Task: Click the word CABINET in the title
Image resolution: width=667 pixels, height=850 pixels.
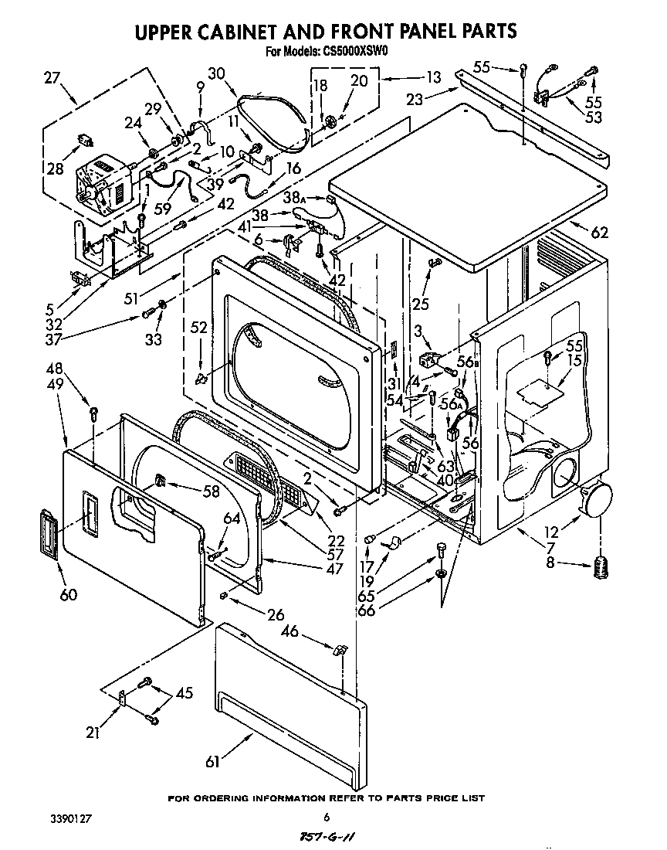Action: [x=250, y=32]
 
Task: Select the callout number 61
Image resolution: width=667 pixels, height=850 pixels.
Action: [x=212, y=762]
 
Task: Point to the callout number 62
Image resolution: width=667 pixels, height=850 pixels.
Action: [x=599, y=231]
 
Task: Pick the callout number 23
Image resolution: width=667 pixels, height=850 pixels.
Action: [x=415, y=98]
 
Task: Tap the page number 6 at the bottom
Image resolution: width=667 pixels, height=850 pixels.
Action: [x=327, y=817]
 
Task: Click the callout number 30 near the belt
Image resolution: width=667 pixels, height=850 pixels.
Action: [x=216, y=73]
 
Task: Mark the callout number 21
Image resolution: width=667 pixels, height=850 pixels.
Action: [x=93, y=733]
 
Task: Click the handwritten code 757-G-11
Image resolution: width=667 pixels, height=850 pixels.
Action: [x=330, y=837]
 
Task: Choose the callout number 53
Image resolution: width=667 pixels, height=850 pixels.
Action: [x=593, y=117]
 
